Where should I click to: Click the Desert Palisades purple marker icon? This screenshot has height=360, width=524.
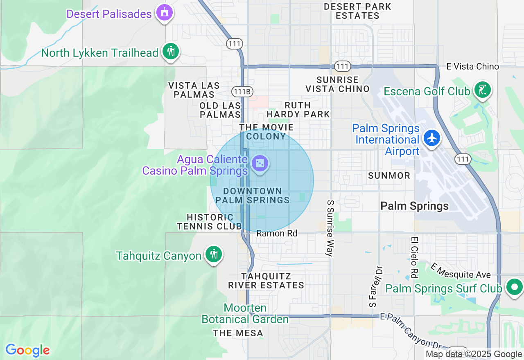(164, 13)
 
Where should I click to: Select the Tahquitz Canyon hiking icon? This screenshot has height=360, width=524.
(213, 254)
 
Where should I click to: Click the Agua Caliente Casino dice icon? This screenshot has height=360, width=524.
(260, 164)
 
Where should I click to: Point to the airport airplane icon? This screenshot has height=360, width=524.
(431, 137)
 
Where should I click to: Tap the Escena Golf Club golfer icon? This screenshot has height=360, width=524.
(483, 90)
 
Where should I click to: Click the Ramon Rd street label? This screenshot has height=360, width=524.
(277, 234)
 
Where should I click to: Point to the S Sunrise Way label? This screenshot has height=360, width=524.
(330, 228)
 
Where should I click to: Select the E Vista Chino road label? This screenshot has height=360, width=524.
(472, 67)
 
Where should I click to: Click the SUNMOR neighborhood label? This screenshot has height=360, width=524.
(389, 175)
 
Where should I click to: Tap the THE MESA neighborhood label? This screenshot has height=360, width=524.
(238, 333)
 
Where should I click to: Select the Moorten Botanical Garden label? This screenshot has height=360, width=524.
(245, 313)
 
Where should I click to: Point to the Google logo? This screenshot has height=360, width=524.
(27, 350)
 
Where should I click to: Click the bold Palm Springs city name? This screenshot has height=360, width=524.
(414, 206)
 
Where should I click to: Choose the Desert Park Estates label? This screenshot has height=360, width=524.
(357, 11)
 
